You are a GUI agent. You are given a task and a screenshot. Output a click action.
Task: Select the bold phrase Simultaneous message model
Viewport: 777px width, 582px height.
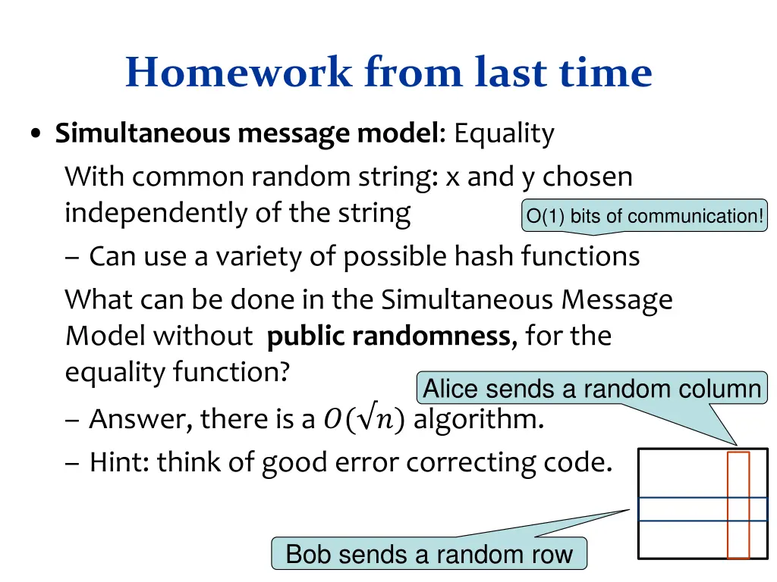point(247,133)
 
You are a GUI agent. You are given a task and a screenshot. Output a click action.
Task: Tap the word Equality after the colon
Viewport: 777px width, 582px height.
point(505,133)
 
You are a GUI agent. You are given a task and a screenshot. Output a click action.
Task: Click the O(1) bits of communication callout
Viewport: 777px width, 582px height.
point(644,216)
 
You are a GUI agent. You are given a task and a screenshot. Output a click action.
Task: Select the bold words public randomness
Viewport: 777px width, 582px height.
point(388,336)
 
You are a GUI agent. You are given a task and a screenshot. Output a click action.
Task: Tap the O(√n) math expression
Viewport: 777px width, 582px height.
point(363,418)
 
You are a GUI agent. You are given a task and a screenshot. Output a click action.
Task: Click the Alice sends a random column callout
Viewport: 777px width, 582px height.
point(591,389)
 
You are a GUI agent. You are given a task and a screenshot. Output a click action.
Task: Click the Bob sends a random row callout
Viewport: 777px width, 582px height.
point(429,554)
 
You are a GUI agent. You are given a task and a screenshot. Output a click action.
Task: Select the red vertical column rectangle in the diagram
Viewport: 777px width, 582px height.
point(738,505)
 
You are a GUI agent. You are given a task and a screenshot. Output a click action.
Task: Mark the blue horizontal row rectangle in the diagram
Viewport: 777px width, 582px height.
point(683,509)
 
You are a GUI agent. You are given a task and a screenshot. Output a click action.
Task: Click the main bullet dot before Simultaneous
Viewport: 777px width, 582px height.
point(36,135)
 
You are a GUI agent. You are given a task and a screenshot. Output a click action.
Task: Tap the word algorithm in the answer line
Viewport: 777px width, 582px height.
point(478,418)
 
